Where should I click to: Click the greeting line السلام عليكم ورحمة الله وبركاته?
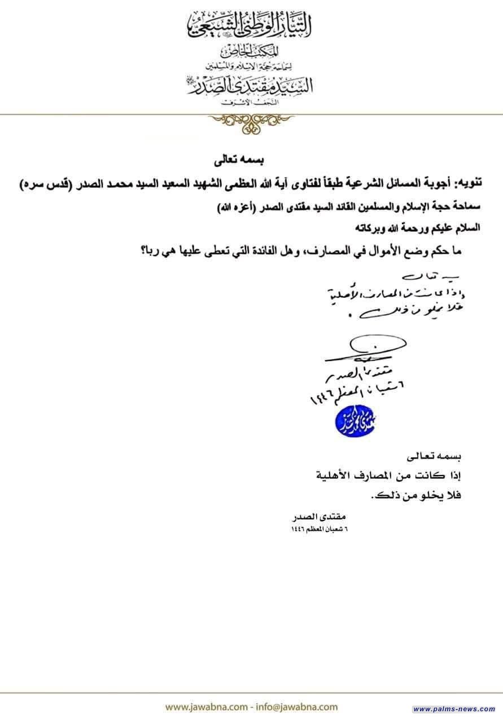pos(412,228)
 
